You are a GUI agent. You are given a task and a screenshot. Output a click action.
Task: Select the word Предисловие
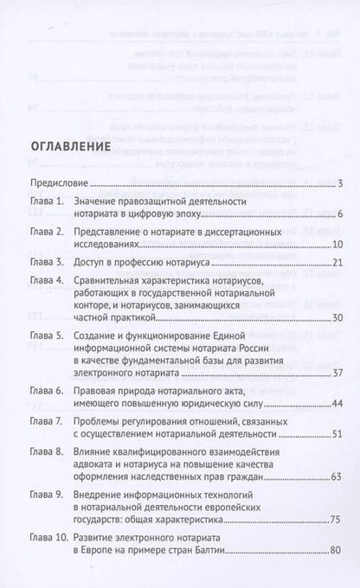[59, 183]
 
